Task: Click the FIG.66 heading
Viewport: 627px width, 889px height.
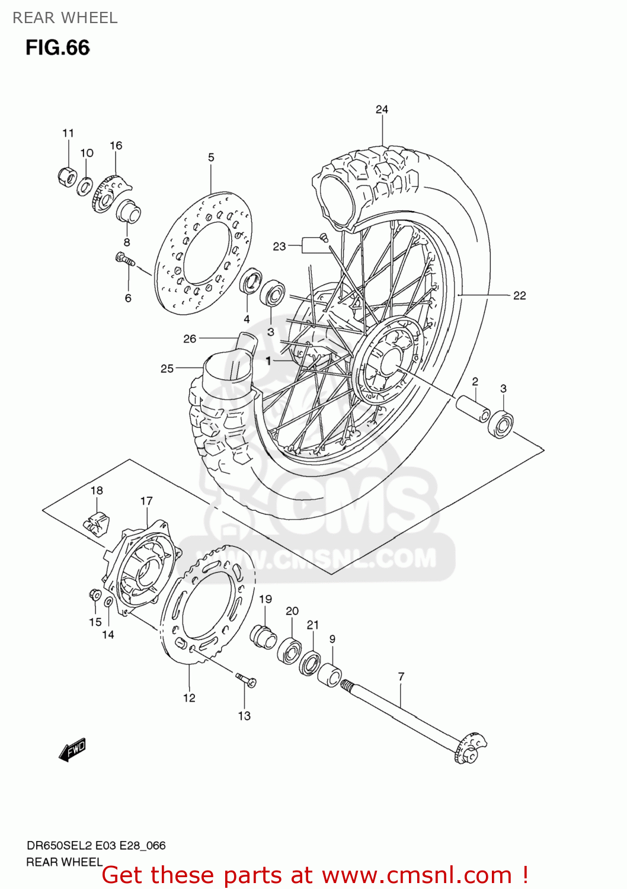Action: point(57,48)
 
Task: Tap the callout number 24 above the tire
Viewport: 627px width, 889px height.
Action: point(382,110)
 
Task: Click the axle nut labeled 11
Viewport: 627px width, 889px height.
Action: point(68,176)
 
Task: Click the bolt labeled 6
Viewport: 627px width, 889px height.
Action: point(125,259)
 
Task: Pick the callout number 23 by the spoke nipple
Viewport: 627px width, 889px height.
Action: point(279,247)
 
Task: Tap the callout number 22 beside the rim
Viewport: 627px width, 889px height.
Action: point(519,296)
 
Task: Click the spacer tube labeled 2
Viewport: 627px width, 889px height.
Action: point(472,408)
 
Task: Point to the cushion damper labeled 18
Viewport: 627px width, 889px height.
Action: point(95,520)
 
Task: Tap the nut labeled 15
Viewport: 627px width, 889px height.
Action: point(94,594)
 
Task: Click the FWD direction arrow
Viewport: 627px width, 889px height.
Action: point(73,749)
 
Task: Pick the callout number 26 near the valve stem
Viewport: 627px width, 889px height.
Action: point(190,339)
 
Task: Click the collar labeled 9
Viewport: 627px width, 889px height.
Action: point(330,675)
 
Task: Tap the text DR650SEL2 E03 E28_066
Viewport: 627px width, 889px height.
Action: point(96,846)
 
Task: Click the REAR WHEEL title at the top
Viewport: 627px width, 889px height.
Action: point(65,18)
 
